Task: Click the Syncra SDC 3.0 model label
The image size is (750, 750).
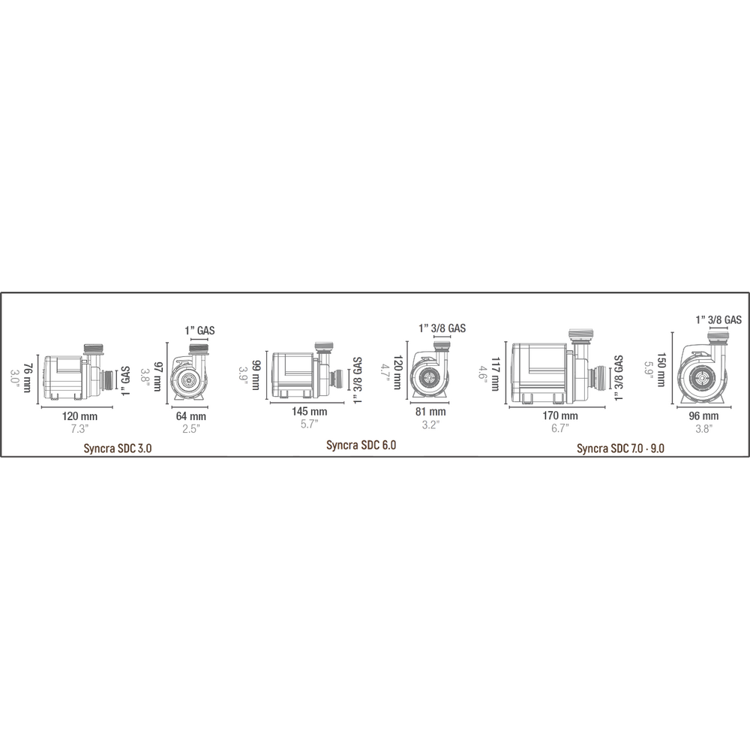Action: tap(118, 448)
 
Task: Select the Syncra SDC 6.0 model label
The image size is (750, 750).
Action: tap(361, 445)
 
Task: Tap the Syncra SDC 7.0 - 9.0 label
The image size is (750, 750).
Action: tap(620, 448)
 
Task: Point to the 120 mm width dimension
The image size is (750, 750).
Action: tap(80, 416)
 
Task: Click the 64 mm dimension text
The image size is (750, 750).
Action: tap(190, 416)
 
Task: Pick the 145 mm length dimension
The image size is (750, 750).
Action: tap(310, 411)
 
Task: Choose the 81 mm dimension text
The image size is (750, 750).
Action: tap(430, 411)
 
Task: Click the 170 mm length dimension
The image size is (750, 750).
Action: tap(560, 415)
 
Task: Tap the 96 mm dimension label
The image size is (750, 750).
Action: tap(703, 416)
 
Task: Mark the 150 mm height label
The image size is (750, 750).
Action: tap(661, 370)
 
